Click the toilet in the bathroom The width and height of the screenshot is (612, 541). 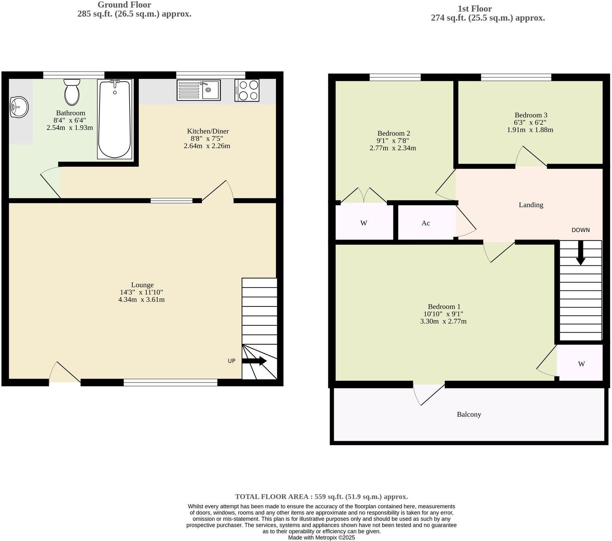[72, 93]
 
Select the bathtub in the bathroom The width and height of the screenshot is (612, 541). [115, 119]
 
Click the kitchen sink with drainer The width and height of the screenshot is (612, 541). [199, 90]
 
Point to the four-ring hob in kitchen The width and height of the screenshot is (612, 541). [247, 90]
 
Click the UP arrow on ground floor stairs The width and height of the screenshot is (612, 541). [254, 361]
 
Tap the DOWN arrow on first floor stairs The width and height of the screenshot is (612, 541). [580, 253]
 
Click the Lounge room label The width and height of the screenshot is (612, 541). [142, 285]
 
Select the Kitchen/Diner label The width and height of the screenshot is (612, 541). [208, 131]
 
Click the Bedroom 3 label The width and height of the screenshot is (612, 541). [531, 115]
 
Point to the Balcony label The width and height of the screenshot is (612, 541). [469, 414]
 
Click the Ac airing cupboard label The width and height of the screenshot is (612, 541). [426, 223]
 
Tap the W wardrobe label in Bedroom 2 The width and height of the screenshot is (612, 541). [364, 223]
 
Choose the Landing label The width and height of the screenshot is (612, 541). [531, 205]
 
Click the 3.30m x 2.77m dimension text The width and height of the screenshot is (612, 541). [443, 321]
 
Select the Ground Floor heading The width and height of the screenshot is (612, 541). [124, 5]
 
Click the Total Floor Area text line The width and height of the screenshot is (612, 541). [321, 497]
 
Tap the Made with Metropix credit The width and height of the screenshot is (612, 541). [321, 537]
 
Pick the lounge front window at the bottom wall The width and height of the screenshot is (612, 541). [170, 382]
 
